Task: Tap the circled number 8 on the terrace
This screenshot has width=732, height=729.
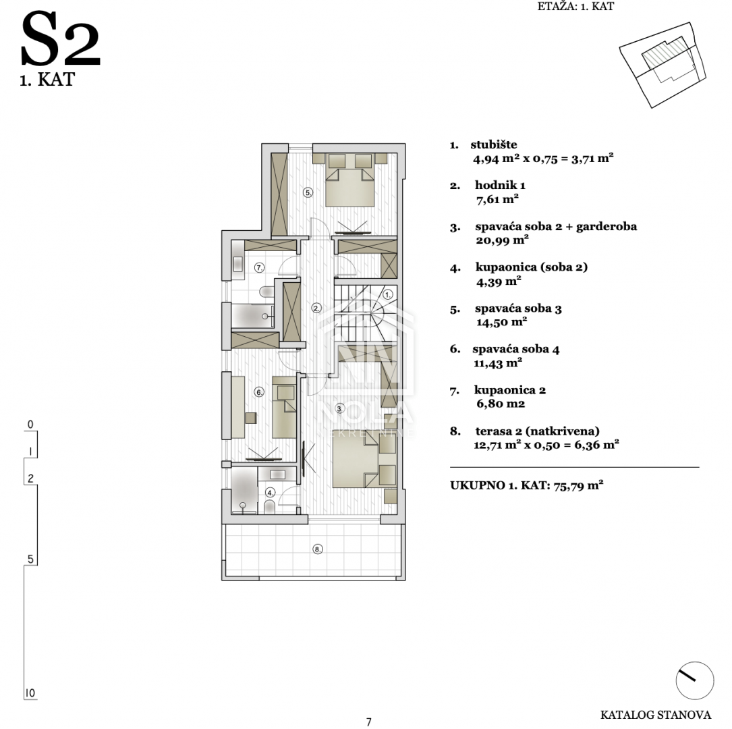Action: point(318,549)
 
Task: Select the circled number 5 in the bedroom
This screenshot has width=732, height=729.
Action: point(308,192)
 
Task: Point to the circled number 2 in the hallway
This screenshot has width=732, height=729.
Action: point(317,308)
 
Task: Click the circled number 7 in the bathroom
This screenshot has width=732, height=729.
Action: point(259,267)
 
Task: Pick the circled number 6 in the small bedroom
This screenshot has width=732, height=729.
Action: point(259,392)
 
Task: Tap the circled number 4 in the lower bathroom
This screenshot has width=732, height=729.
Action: point(271,492)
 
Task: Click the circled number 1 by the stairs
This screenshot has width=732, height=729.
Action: point(388,295)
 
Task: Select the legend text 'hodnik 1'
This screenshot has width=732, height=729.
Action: point(500,186)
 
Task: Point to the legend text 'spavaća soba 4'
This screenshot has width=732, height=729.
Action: point(516,350)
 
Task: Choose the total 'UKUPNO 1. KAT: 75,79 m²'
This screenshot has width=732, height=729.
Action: point(527,485)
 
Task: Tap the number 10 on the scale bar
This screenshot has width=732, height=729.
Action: point(30,693)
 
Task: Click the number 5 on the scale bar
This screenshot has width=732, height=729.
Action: point(30,559)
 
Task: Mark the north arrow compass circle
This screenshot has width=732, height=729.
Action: point(695,680)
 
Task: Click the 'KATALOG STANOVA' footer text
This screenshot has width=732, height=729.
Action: point(656,715)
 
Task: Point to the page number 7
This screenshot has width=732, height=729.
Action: point(369,722)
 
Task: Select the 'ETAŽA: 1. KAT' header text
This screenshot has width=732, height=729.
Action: point(575,7)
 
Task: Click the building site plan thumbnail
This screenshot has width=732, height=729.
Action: point(663,65)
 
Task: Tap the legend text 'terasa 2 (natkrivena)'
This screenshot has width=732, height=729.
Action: point(537,431)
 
